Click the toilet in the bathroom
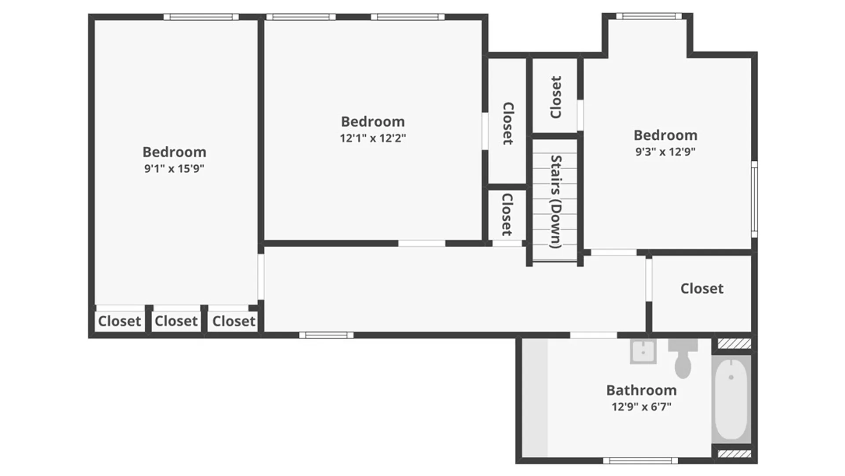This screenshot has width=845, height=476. pyautogui.click(x=683, y=358)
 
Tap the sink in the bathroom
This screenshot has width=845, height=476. pyautogui.click(x=643, y=351)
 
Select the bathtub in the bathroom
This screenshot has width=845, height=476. pyautogui.click(x=731, y=399)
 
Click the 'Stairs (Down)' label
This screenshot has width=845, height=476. pyautogui.click(x=556, y=201)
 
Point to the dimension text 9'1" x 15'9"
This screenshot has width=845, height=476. pyautogui.click(x=174, y=168)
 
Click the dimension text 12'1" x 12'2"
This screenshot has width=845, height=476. pyautogui.click(x=373, y=138)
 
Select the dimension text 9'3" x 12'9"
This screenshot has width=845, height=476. pyautogui.click(x=665, y=152)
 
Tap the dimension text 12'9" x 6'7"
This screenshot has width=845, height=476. pyautogui.click(x=641, y=406)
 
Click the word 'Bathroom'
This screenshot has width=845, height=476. pyautogui.click(x=641, y=390)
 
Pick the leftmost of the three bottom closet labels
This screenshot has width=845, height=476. pyautogui.click(x=119, y=321)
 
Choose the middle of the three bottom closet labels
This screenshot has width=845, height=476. pyautogui.click(x=176, y=321)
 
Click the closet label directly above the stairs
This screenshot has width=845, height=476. pyautogui.click(x=556, y=97)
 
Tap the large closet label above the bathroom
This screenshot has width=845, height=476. pyautogui.click(x=702, y=288)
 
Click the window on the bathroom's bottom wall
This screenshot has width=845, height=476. pyautogui.click(x=640, y=461)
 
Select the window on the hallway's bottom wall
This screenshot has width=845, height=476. pyautogui.click(x=326, y=335)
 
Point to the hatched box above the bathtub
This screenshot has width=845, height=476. pyautogui.click(x=734, y=343)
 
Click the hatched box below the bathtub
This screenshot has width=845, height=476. pyautogui.click(x=734, y=454)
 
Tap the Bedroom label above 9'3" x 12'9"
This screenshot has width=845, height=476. pyautogui.click(x=665, y=135)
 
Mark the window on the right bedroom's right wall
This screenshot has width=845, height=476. pyautogui.click(x=754, y=200)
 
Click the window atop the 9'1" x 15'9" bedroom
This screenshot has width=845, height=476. pyautogui.click(x=201, y=17)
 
